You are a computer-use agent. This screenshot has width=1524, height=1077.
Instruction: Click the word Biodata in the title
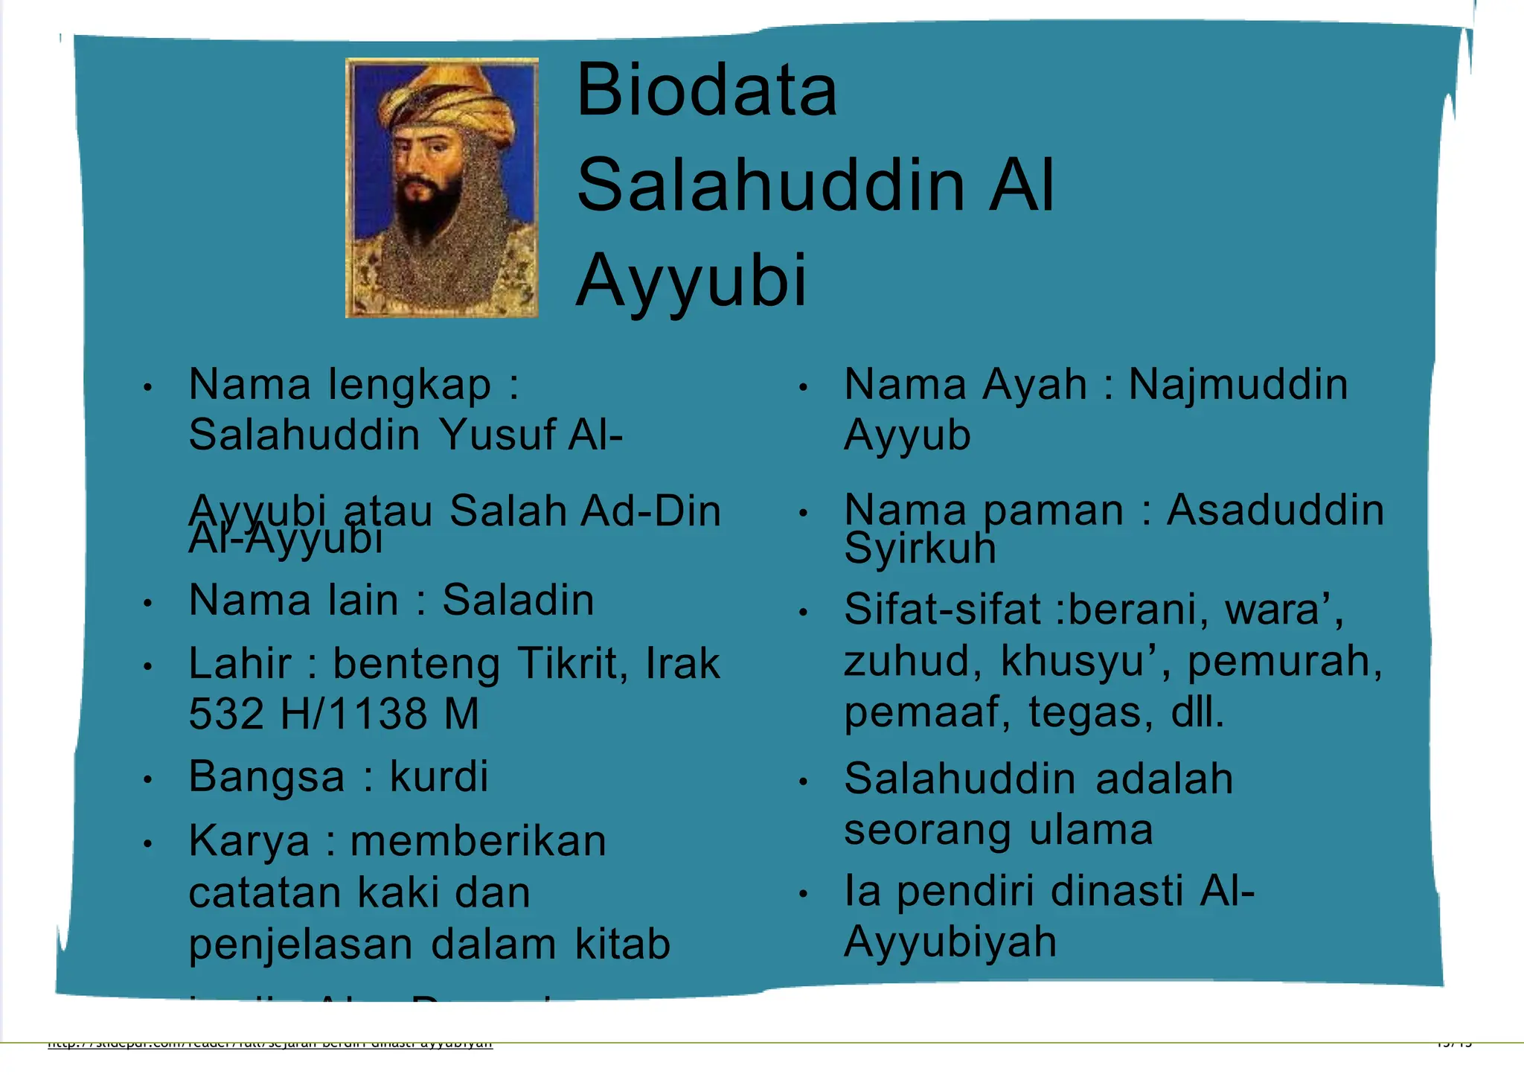click(706, 91)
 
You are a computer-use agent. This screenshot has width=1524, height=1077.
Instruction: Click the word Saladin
click(518, 600)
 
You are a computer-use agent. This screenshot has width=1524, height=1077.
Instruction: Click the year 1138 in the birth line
click(377, 714)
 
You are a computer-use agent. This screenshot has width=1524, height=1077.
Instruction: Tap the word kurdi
click(439, 776)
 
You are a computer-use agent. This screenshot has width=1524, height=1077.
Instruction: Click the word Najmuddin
click(1238, 385)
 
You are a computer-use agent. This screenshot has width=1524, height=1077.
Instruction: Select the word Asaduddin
click(1275, 511)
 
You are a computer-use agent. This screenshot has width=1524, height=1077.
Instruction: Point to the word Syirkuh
click(920, 549)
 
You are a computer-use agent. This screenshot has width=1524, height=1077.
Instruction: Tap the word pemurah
click(1284, 661)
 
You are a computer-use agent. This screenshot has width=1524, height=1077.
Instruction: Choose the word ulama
click(1091, 830)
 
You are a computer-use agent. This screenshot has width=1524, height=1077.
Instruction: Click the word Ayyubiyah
click(950, 942)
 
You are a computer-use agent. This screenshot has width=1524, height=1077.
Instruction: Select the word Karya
click(249, 842)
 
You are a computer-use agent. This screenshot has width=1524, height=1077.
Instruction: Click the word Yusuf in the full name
click(496, 435)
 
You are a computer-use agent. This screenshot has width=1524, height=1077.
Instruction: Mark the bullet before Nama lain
click(148, 602)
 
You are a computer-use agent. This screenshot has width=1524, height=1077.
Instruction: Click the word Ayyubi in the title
click(691, 281)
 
